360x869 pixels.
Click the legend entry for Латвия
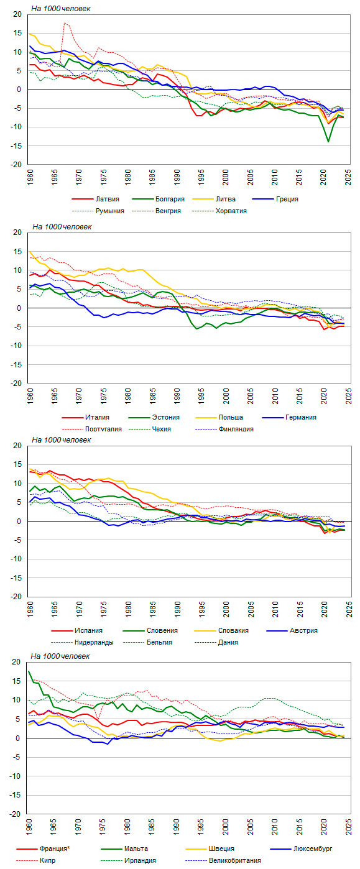[x=95, y=199]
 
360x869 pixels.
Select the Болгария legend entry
[x=159, y=199]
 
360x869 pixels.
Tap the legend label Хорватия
[x=219, y=211]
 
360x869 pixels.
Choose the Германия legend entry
[x=289, y=418]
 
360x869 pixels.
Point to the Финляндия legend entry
[x=224, y=429]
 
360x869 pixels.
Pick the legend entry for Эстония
[x=154, y=418]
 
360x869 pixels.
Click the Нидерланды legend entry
[x=82, y=642]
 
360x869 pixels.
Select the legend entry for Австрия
[x=292, y=630]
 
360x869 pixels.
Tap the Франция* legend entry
[x=43, y=848]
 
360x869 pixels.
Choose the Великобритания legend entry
[x=223, y=860]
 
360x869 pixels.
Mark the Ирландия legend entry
[x=129, y=860]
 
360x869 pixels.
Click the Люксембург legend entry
[x=301, y=848]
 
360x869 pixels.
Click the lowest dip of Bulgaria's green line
[x=328, y=142]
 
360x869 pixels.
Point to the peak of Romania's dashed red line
[x=65, y=23]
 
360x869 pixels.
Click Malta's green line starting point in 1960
[x=29, y=671]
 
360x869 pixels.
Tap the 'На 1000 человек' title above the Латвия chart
[x=60, y=9]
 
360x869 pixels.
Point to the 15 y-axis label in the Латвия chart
[x=18, y=33]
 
